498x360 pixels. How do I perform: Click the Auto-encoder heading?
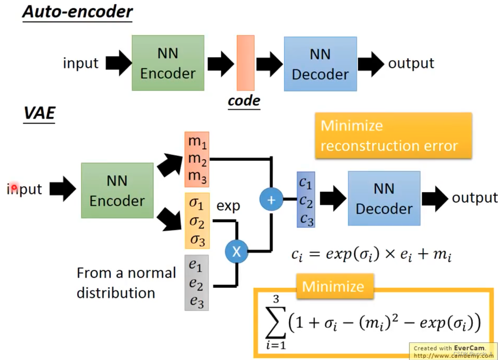(77, 12)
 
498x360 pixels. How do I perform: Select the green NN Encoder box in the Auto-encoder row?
(168, 63)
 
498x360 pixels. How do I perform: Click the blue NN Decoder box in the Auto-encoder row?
(320, 64)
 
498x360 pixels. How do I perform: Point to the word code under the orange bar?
(244, 101)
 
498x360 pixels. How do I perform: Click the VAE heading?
(39, 113)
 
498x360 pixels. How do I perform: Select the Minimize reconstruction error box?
(393, 136)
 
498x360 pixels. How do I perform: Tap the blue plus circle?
(271, 200)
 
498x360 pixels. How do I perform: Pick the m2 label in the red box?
(197, 159)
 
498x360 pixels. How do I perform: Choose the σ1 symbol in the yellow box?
(197, 205)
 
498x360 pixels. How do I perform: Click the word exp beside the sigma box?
(228, 206)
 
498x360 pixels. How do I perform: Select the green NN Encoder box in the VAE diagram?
(117, 191)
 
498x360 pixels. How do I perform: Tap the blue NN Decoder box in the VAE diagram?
(384, 198)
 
